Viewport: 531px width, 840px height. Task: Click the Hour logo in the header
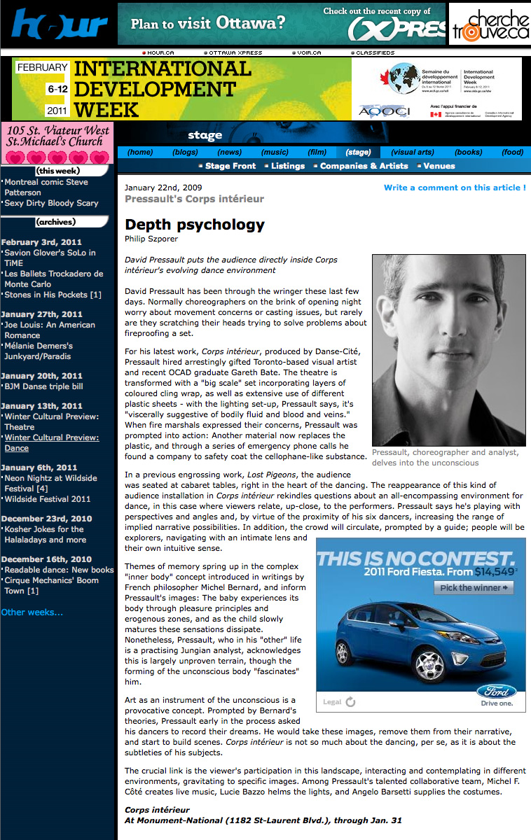click(59, 25)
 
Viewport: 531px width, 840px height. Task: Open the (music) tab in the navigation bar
click(275, 152)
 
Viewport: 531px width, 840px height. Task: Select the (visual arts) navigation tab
click(413, 152)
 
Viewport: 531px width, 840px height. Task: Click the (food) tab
click(513, 152)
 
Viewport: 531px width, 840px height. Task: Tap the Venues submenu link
click(439, 166)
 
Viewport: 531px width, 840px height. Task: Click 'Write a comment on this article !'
click(455, 188)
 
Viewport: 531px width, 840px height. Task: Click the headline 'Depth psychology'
click(195, 225)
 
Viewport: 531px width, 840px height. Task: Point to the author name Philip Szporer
click(151, 239)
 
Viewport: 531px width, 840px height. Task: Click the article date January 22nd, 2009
click(157, 188)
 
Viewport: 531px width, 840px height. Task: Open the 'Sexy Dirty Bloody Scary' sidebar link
click(51, 203)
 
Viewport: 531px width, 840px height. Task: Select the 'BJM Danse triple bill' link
click(43, 386)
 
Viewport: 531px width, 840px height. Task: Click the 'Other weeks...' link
click(32, 612)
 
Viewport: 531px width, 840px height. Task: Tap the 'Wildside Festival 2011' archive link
click(48, 499)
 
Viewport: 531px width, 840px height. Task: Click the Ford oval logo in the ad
click(497, 691)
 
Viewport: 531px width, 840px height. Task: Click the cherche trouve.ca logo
click(490, 25)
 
